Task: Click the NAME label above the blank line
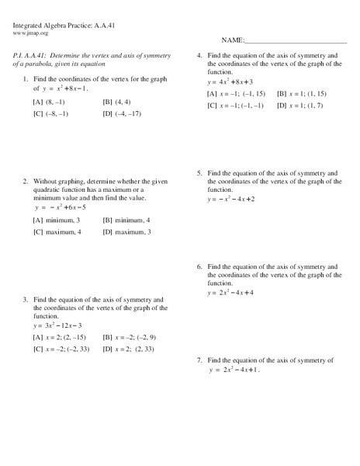point(233,40)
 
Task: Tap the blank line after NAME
point(296,41)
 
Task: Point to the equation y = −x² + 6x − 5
point(60,207)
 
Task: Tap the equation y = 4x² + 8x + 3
point(230,81)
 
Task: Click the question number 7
point(199,360)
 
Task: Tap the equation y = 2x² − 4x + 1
point(233,370)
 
